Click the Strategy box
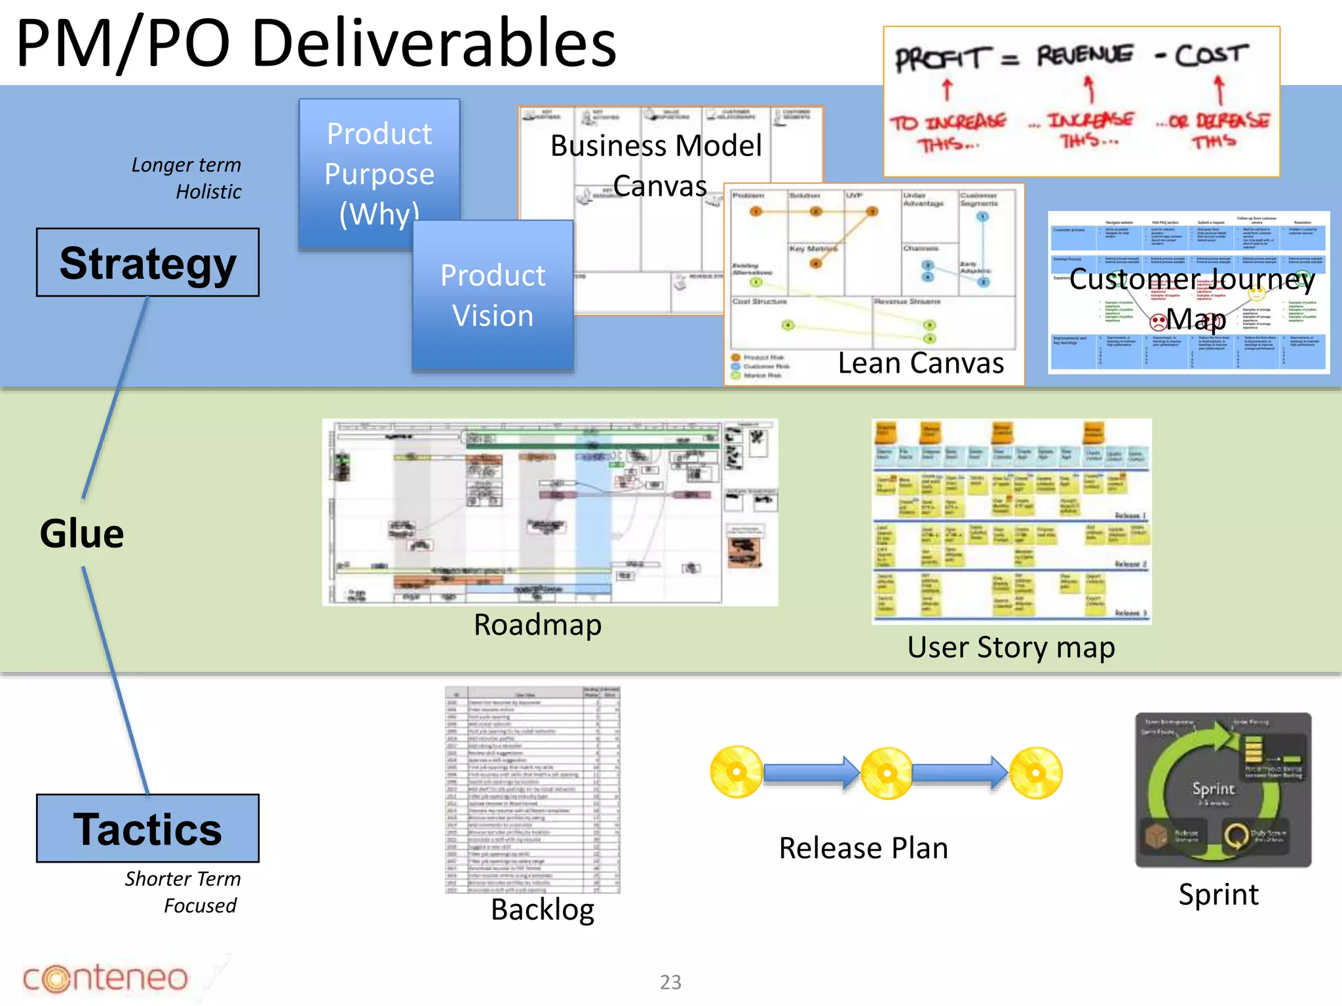147,263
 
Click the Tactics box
147,829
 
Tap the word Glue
82,533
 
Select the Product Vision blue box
493,295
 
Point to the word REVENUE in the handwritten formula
1084,55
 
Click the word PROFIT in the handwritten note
940,59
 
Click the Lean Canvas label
921,363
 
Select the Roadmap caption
537,625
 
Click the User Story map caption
1011,648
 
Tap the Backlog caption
543,910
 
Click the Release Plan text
863,848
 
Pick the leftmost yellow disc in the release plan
737,772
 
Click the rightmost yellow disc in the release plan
1035,773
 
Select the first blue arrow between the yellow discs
811,773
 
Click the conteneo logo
105,978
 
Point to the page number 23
670,982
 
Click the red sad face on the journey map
1159,321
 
